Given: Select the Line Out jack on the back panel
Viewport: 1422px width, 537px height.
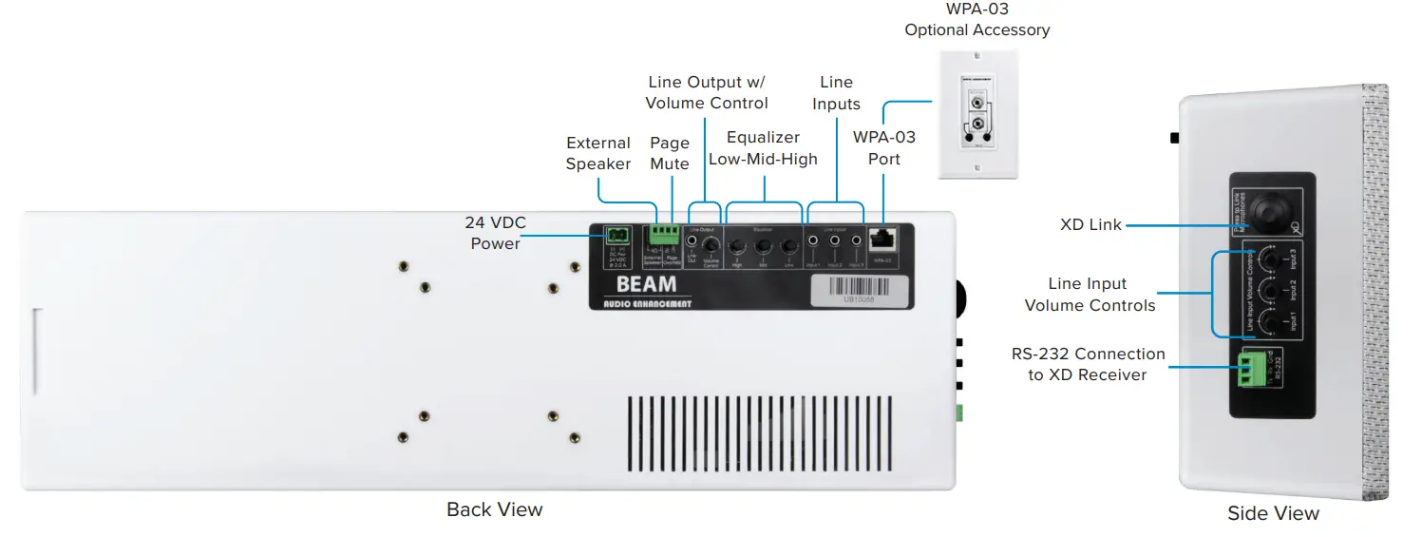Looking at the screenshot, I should (x=692, y=242).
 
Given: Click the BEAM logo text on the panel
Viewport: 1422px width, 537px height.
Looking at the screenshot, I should (x=646, y=284).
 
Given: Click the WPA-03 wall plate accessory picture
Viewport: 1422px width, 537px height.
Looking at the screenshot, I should (x=977, y=113).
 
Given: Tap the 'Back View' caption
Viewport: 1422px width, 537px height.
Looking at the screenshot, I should (x=494, y=509).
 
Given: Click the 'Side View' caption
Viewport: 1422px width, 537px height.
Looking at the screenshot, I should (x=1273, y=513).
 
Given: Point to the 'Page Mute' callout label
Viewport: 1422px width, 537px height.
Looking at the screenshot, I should (x=669, y=153).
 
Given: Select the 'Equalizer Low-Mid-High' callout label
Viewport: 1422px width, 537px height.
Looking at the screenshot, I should (x=763, y=148).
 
